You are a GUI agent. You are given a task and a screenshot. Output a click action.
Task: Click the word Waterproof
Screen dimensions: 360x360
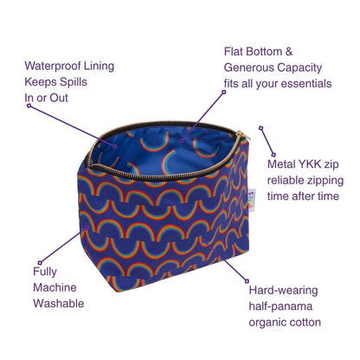[x=53, y=67]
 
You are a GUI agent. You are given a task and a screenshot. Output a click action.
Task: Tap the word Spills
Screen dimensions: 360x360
[x=72, y=82]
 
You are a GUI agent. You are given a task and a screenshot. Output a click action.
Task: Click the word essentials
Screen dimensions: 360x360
[x=306, y=84]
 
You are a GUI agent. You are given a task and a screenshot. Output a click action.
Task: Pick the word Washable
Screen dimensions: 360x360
[x=59, y=304]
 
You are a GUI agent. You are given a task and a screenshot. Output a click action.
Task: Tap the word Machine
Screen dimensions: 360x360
[x=55, y=287]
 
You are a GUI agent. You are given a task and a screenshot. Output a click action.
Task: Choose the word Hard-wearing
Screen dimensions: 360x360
[x=283, y=291]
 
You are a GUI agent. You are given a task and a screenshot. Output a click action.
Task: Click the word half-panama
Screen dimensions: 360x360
[x=280, y=306]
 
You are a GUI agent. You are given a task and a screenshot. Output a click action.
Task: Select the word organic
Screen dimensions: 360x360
[x=267, y=323]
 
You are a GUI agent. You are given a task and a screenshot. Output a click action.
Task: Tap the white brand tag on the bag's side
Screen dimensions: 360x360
[x=252, y=200]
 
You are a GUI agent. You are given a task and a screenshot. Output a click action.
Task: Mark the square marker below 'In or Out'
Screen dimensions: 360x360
[x=29, y=106]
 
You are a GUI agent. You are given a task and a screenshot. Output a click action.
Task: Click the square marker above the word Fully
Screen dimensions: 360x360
[x=40, y=262]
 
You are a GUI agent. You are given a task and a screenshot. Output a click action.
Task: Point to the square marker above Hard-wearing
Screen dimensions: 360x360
[x=247, y=280]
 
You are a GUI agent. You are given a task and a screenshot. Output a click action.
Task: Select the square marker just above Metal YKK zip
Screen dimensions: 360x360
[x=273, y=155]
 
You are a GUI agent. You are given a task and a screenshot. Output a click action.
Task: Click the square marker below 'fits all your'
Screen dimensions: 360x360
[x=223, y=93]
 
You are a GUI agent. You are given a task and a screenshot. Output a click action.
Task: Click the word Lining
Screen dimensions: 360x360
[x=99, y=67]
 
